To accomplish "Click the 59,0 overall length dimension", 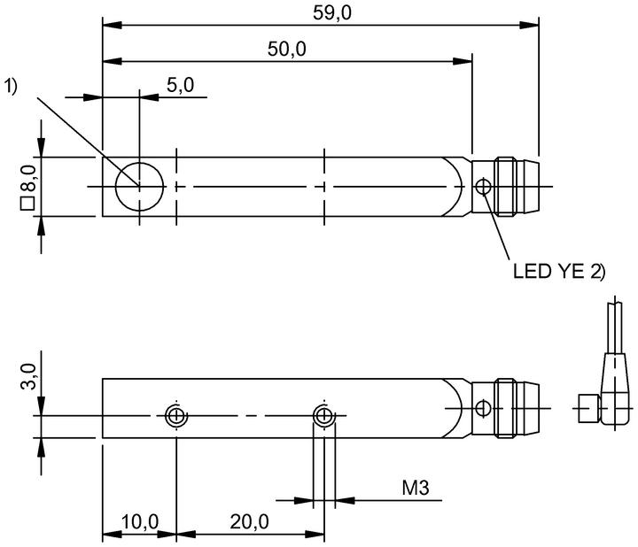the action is [331, 13].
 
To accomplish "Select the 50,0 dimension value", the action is [286, 50].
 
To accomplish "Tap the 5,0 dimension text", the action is [180, 85].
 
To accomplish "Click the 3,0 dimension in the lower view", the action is [28, 376].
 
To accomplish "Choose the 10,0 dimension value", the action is [140, 522].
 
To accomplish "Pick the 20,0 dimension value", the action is [249, 522].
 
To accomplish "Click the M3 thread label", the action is [416, 488].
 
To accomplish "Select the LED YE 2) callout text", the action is [559, 271].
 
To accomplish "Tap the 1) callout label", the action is [11, 87].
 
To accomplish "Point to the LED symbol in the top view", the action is [484, 187].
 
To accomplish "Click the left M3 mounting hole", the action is [175, 416].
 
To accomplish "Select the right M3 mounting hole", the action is [324, 416].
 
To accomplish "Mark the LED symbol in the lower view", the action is [483, 408].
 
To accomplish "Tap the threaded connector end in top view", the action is [516, 187].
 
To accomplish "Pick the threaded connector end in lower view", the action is [516, 408].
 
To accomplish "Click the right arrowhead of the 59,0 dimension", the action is [529, 25].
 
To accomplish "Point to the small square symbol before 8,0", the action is [27, 204].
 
